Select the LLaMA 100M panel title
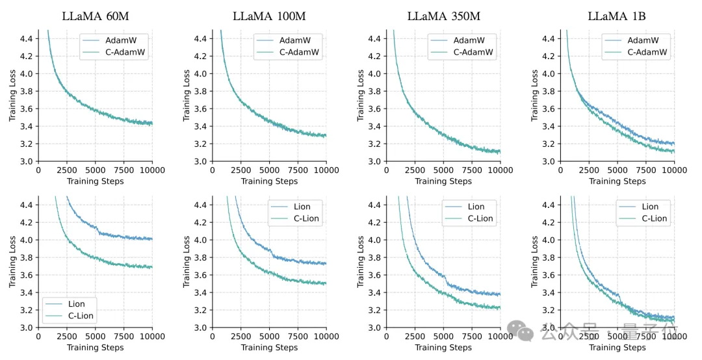pos(268,16)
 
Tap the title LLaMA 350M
pos(443,16)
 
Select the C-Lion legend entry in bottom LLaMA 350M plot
pos(480,219)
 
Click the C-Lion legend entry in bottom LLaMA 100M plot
pos(307,219)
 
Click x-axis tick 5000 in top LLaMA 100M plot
pos(268,171)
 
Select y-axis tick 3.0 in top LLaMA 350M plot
pos(376,161)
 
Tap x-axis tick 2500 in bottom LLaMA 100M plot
pos(240,337)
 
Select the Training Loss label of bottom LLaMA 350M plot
pos(361,262)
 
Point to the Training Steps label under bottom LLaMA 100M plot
pos(268,348)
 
